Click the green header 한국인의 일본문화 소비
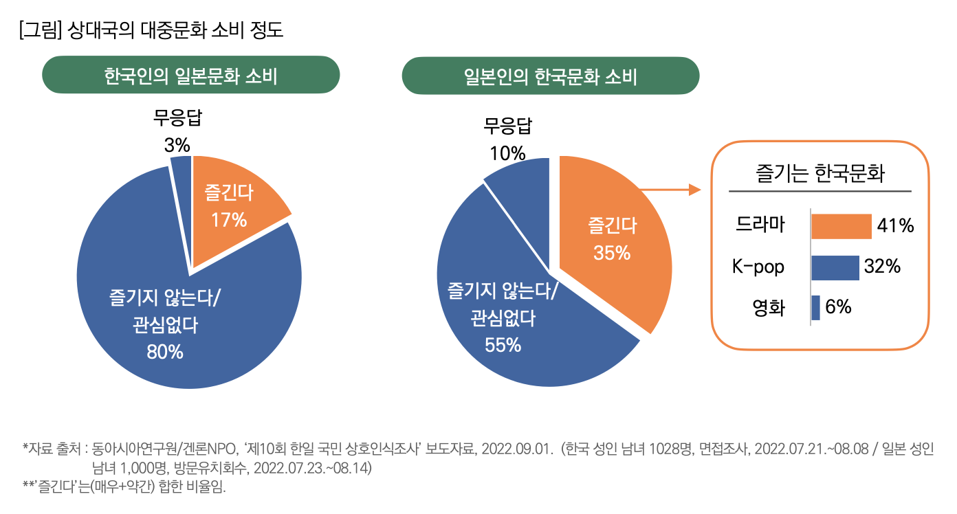pyautogui.click(x=191, y=76)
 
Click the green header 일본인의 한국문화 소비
pyautogui.click(x=550, y=76)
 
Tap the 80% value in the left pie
pyautogui.click(x=165, y=352)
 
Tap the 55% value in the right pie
pyautogui.click(x=503, y=345)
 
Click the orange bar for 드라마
pyautogui.click(x=841, y=226)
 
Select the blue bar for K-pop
pyautogui.click(x=835, y=267)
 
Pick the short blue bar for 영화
pyautogui.click(x=815, y=308)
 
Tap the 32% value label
pyautogui.click(x=883, y=267)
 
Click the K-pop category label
pyautogui.click(x=758, y=267)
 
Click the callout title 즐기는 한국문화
pyautogui.click(x=819, y=173)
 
